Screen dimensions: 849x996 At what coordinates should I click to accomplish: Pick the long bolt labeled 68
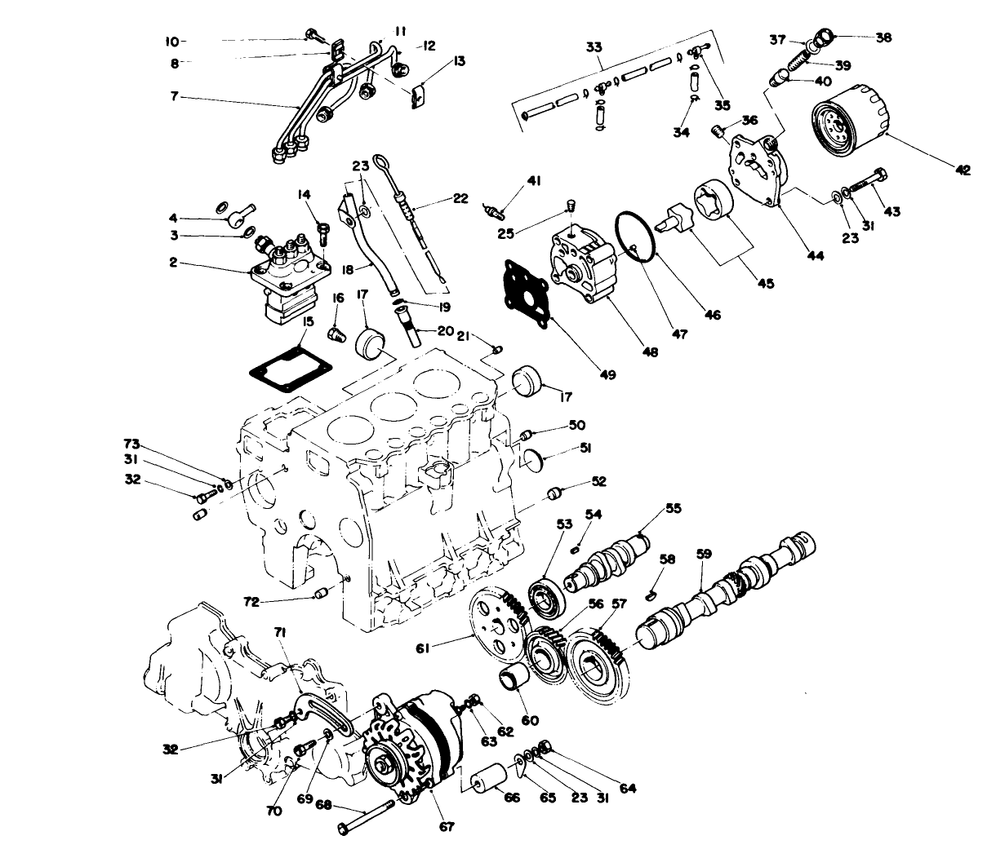tap(365, 817)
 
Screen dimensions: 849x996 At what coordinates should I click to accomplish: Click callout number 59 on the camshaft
tap(703, 554)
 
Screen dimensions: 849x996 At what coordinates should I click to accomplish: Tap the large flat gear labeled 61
tap(493, 623)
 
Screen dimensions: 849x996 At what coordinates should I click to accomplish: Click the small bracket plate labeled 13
tap(418, 96)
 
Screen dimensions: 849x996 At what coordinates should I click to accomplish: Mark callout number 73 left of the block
tap(131, 444)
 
